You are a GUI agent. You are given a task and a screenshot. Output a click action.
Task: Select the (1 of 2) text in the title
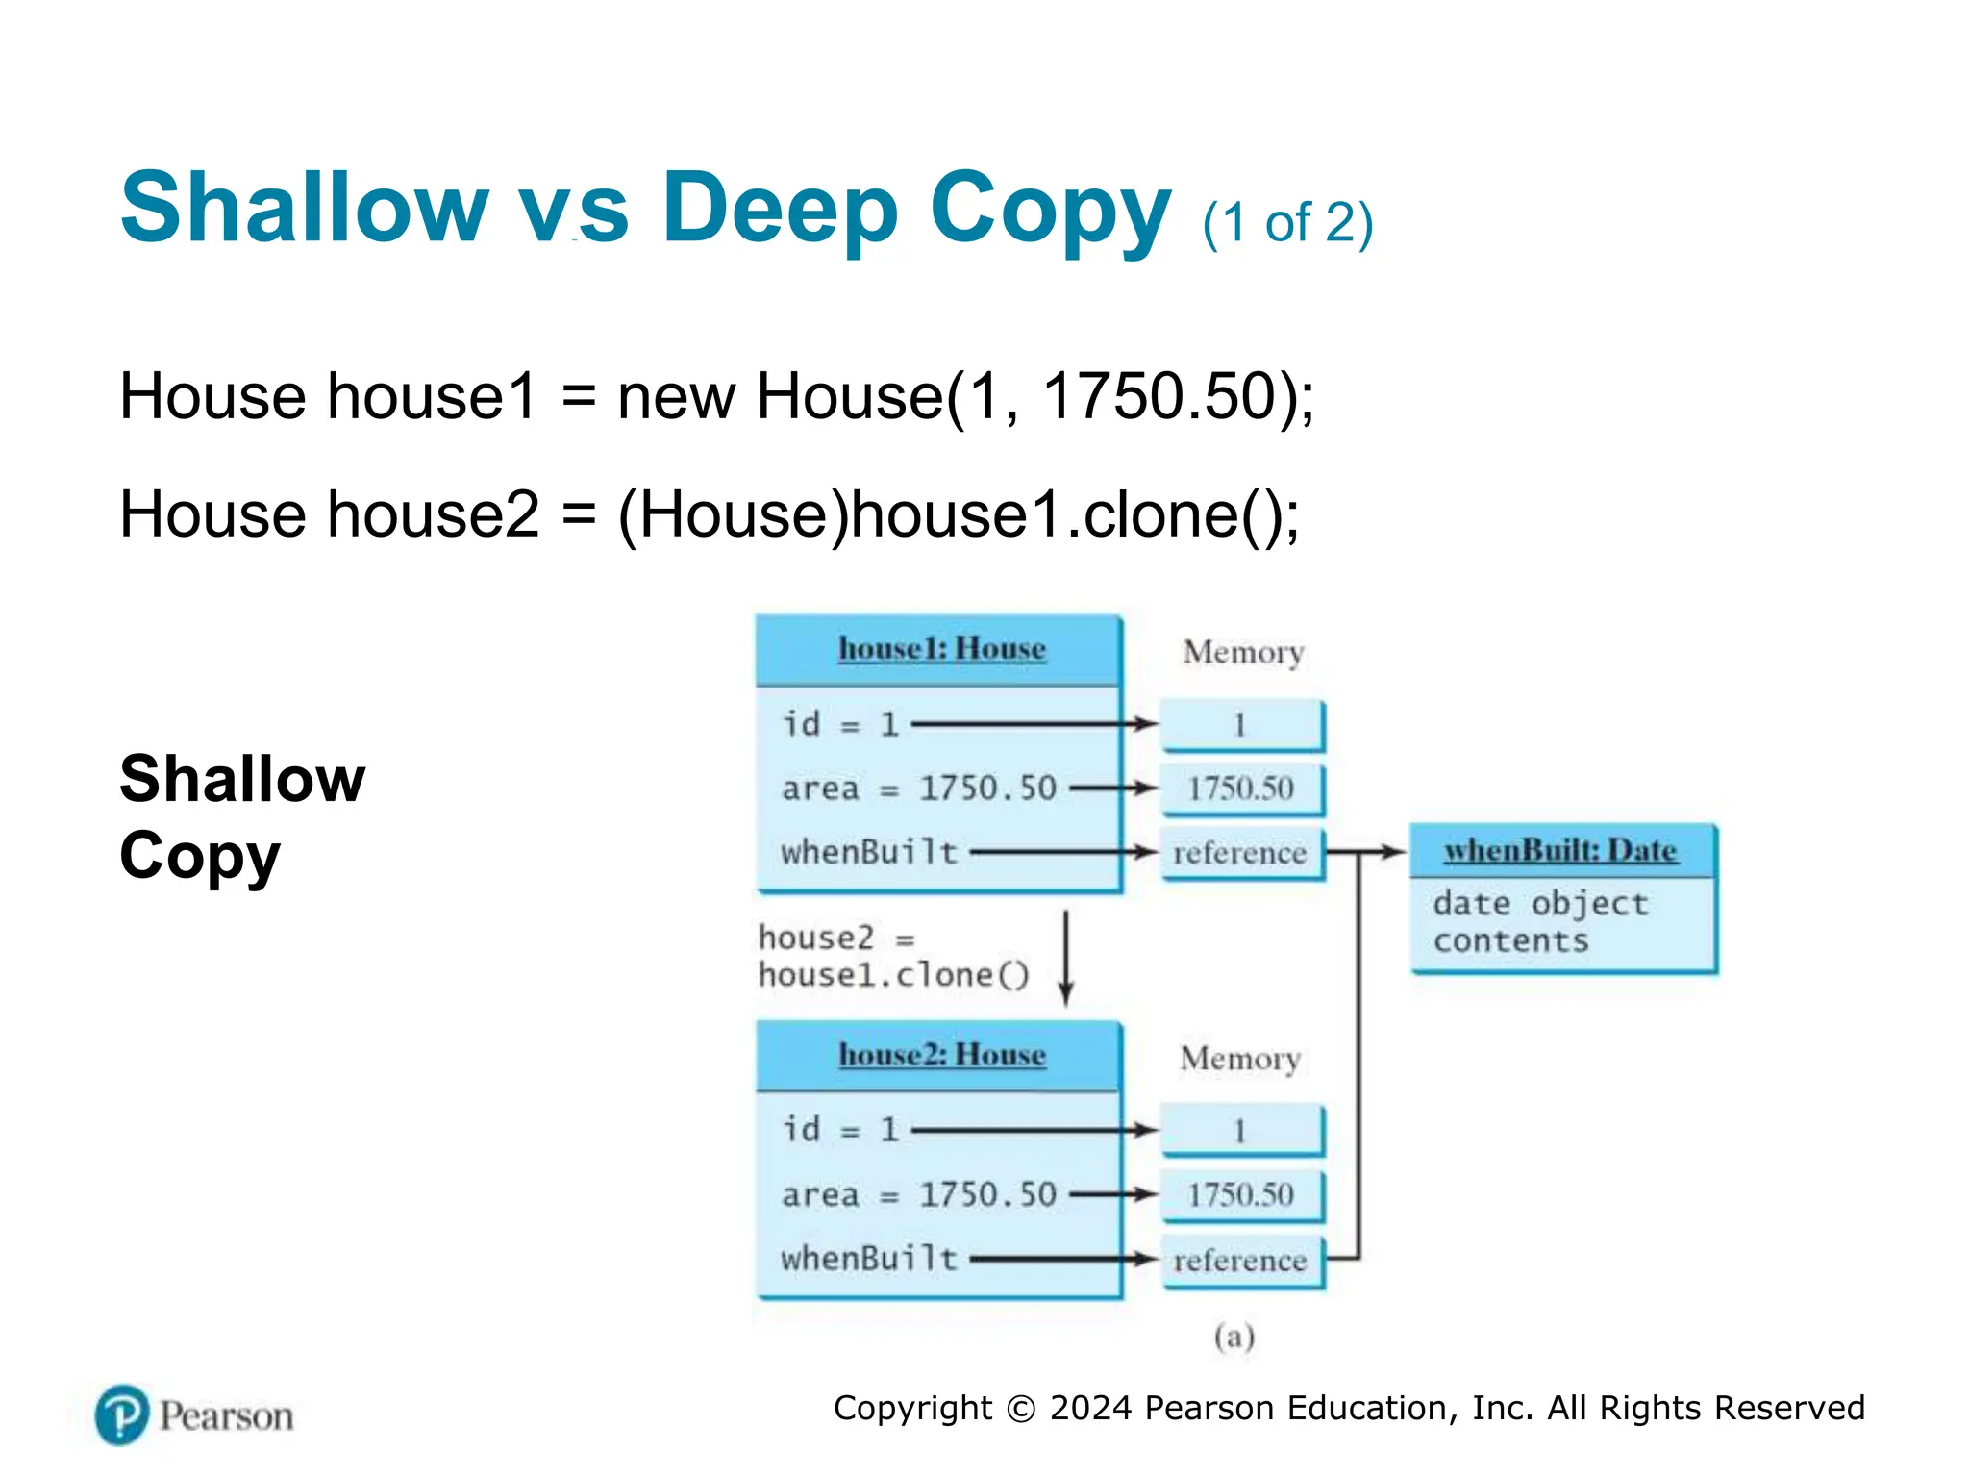(x=1287, y=223)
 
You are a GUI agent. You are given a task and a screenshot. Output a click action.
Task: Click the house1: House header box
(x=940, y=650)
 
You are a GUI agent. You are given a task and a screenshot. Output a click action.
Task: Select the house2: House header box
(x=940, y=1056)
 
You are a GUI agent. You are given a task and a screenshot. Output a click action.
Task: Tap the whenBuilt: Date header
(x=1560, y=851)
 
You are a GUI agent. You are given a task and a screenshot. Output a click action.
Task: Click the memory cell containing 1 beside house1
(x=1240, y=725)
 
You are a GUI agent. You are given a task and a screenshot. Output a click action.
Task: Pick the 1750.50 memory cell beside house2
(x=1240, y=1195)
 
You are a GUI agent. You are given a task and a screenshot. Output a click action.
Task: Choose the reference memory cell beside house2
(x=1240, y=1261)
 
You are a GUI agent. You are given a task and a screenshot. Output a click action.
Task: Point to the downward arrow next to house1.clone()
(x=1065, y=958)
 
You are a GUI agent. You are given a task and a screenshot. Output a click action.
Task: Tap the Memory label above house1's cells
(x=1243, y=653)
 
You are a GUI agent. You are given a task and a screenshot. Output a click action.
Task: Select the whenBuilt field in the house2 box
(x=869, y=1259)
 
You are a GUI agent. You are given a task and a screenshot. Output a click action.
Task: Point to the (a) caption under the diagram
(x=1234, y=1337)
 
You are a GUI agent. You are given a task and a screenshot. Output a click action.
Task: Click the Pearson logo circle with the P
(x=122, y=1415)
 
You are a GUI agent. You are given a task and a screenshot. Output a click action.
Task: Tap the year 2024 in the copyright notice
(x=1090, y=1408)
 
